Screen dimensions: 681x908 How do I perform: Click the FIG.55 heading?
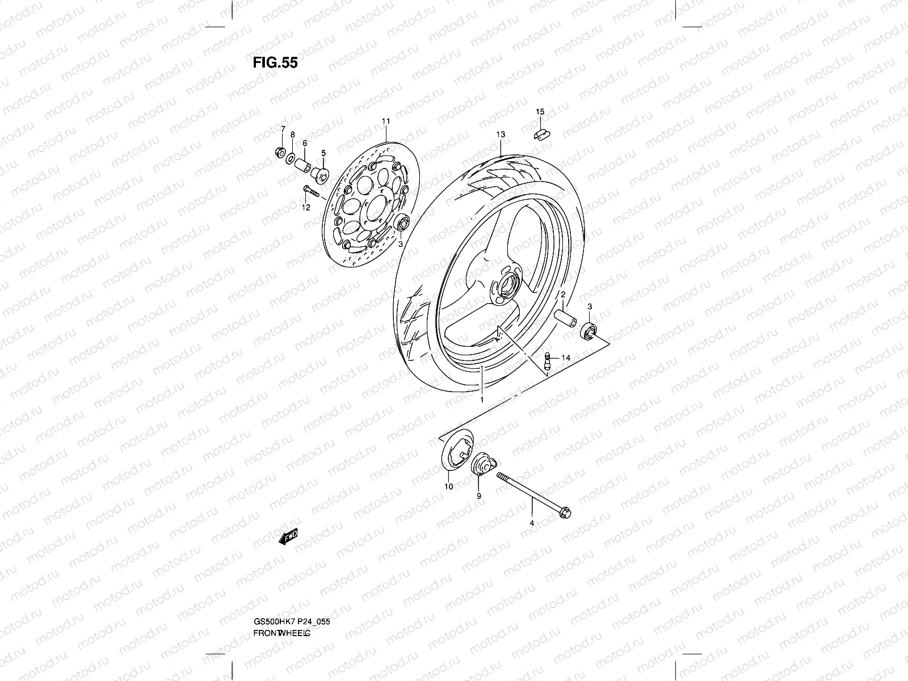(275, 62)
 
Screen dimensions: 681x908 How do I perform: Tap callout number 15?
(540, 111)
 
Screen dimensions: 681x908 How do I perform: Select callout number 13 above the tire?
(500, 134)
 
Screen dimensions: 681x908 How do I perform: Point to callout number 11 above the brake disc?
(386, 121)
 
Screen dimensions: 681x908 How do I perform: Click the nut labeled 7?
(279, 152)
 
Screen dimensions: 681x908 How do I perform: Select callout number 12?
(306, 208)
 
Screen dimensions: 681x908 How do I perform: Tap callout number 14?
(565, 358)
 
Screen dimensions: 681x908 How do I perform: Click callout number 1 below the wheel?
(481, 400)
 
